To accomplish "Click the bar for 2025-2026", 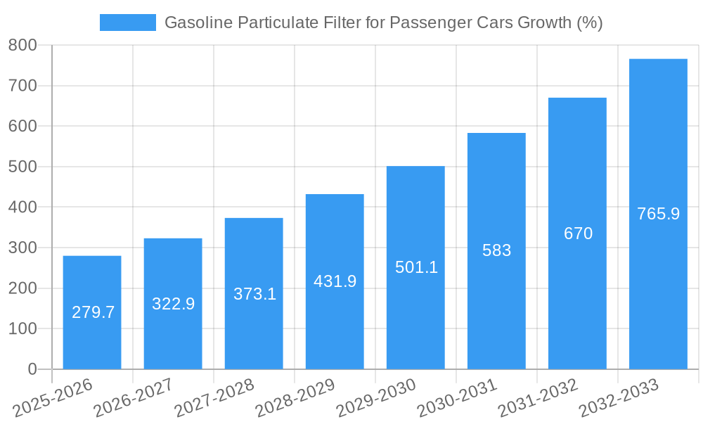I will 92,312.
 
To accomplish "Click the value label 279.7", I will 93,312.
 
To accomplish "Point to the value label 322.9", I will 173,304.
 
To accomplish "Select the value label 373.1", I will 254,294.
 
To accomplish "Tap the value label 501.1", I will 416,267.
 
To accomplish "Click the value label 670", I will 578,234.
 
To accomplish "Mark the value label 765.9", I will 658,214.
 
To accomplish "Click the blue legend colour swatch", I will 127,23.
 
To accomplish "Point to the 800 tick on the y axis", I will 22,45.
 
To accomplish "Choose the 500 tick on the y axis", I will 22,167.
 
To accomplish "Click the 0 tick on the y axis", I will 32,369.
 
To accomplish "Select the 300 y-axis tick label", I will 22,248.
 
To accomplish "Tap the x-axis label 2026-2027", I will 134,397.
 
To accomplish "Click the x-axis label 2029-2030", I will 376,397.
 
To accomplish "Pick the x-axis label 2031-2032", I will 538,397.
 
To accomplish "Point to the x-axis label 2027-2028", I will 214,397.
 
